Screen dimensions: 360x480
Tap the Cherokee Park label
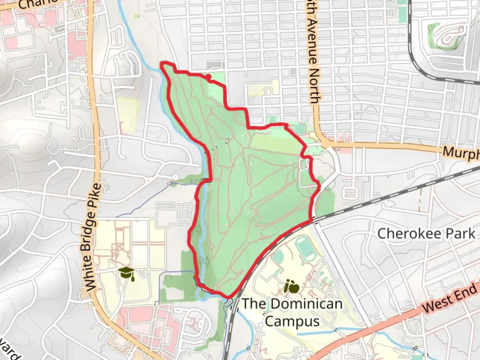pos(426,234)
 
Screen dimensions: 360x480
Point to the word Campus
pos(292,321)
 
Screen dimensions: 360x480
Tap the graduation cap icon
pos(126,273)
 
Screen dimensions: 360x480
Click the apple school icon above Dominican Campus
pos(292,287)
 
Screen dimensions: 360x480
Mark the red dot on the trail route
pos(208,77)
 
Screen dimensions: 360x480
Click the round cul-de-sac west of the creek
pos(176,177)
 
